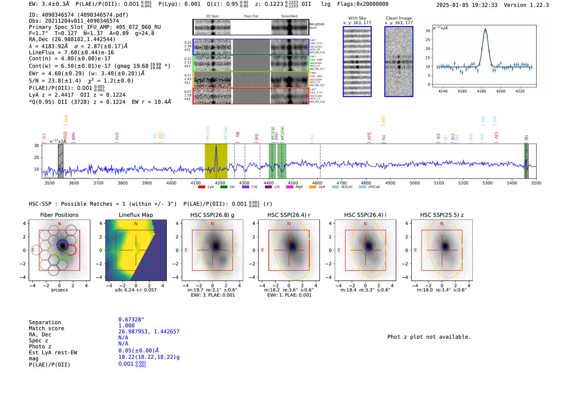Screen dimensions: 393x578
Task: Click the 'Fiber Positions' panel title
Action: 59,215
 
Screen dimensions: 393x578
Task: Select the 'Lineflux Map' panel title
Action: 135,215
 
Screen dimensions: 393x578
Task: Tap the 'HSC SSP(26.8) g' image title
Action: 212,215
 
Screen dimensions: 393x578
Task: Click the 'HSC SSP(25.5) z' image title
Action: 442,215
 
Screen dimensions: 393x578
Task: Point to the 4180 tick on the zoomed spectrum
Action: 481,91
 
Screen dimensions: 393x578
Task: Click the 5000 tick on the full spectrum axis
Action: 415,183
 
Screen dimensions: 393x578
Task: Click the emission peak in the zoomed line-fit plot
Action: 485,29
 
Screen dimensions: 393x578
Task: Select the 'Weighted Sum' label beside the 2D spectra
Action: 316,26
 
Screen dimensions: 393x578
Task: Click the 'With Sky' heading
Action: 357,18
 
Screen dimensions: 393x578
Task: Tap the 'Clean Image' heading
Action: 398,18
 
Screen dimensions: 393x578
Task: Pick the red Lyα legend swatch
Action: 201,187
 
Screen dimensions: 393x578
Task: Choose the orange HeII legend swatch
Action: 313,187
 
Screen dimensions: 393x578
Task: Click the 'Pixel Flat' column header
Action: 251,16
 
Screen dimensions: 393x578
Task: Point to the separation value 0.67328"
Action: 131,320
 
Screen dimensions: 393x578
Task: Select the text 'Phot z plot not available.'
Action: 429,337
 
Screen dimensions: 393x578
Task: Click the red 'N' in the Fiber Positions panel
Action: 59,224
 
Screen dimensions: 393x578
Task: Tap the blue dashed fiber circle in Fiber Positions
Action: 62,245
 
